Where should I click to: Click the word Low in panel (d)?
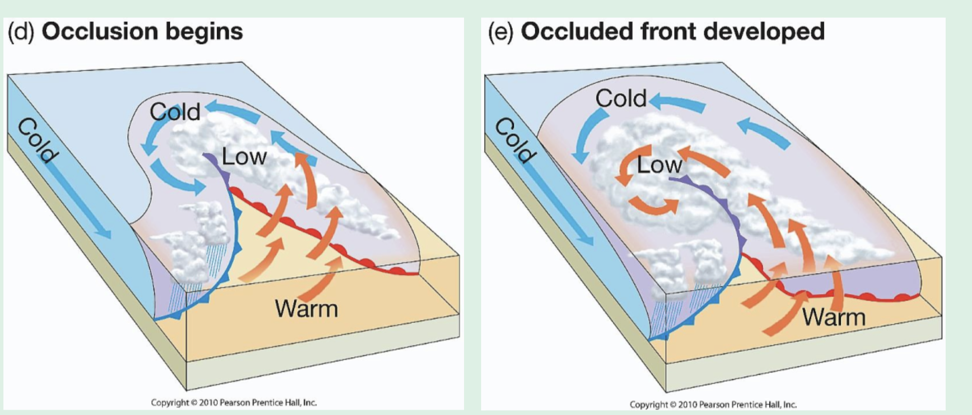click(x=244, y=157)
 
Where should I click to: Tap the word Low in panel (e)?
click(x=659, y=165)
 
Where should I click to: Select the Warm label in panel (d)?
click(x=306, y=309)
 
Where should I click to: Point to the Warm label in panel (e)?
click(x=834, y=317)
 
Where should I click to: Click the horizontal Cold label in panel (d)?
click(x=175, y=112)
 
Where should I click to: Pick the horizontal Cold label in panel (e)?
click(x=621, y=99)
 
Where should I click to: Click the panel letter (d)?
click(x=20, y=32)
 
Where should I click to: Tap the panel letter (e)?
click(x=501, y=32)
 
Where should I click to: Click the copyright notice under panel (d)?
click(x=234, y=403)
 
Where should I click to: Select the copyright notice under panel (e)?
click(x=713, y=405)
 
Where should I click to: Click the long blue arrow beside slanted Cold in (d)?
click(x=81, y=200)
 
